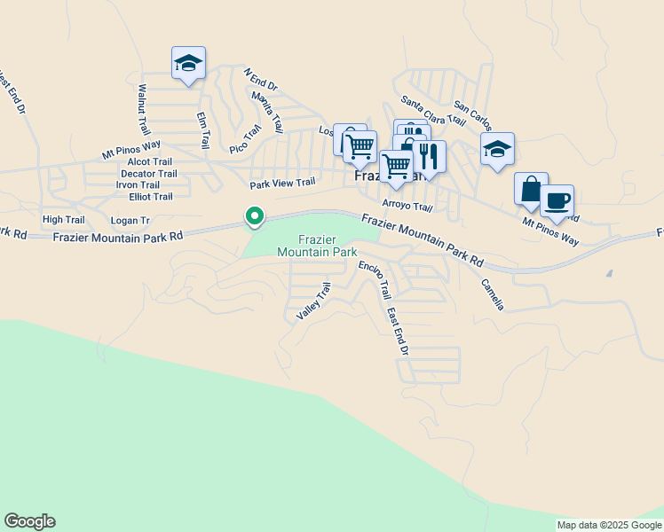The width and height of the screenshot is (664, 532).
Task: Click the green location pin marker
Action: pos(254,216)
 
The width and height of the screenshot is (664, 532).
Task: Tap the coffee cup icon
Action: pos(557,200)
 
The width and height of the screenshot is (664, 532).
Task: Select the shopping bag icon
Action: pos(531,189)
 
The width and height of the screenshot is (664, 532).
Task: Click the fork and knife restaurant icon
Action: pos(429,156)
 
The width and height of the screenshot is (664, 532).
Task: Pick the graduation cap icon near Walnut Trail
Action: pos(188,63)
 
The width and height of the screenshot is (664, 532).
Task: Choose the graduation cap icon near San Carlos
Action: pos(497,149)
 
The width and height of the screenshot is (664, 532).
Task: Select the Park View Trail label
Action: pos(282,184)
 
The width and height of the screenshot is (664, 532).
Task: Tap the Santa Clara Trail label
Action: pos(432,110)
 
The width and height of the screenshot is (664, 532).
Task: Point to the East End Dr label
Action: pos(397,332)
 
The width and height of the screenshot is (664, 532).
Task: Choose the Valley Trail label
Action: pos(313,301)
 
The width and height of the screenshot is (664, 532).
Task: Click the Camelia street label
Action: pos(493,294)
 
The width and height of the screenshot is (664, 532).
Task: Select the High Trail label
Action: pos(63,219)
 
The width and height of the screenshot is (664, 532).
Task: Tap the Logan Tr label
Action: pos(130,220)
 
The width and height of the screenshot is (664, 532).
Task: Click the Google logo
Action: pos(29,521)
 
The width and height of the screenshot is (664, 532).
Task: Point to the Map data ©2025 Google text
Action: pos(608,525)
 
